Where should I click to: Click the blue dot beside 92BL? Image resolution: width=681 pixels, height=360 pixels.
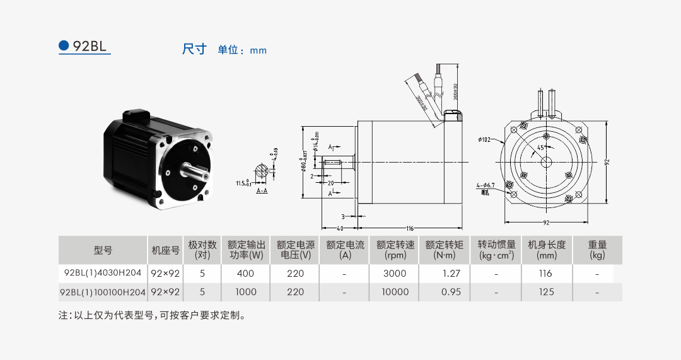(x=63, y=45)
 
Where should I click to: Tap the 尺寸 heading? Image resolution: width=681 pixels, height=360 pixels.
(x=194, y=49)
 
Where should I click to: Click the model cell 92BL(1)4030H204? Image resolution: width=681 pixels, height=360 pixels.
(x=102, y=273)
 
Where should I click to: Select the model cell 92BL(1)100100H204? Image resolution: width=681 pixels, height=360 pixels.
(x=102, y=292)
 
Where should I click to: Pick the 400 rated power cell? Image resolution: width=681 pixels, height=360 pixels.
(x=245, y=273)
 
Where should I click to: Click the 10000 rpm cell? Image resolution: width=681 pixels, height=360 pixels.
(x=395, y=292)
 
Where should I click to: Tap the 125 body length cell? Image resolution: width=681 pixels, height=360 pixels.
(x=546, y=292)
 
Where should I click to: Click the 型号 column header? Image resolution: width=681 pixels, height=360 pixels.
(x=103, y=250)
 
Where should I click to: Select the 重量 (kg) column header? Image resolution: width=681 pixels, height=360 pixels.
(x=597, y=250)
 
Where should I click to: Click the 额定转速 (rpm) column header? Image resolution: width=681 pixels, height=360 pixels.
(x=395, y=250)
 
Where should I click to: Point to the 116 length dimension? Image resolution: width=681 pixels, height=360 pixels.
(x=409, y=227)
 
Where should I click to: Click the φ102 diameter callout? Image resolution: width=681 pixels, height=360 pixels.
(x=484, y=140)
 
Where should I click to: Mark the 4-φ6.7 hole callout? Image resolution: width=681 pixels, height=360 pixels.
(x=486, y=185)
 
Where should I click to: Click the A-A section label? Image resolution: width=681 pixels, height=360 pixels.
(x=262, y=189)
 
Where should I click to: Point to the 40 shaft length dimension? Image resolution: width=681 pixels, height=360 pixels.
(x=339, y=227)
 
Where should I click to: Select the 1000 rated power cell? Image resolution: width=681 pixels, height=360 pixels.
(x=245, y=292)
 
